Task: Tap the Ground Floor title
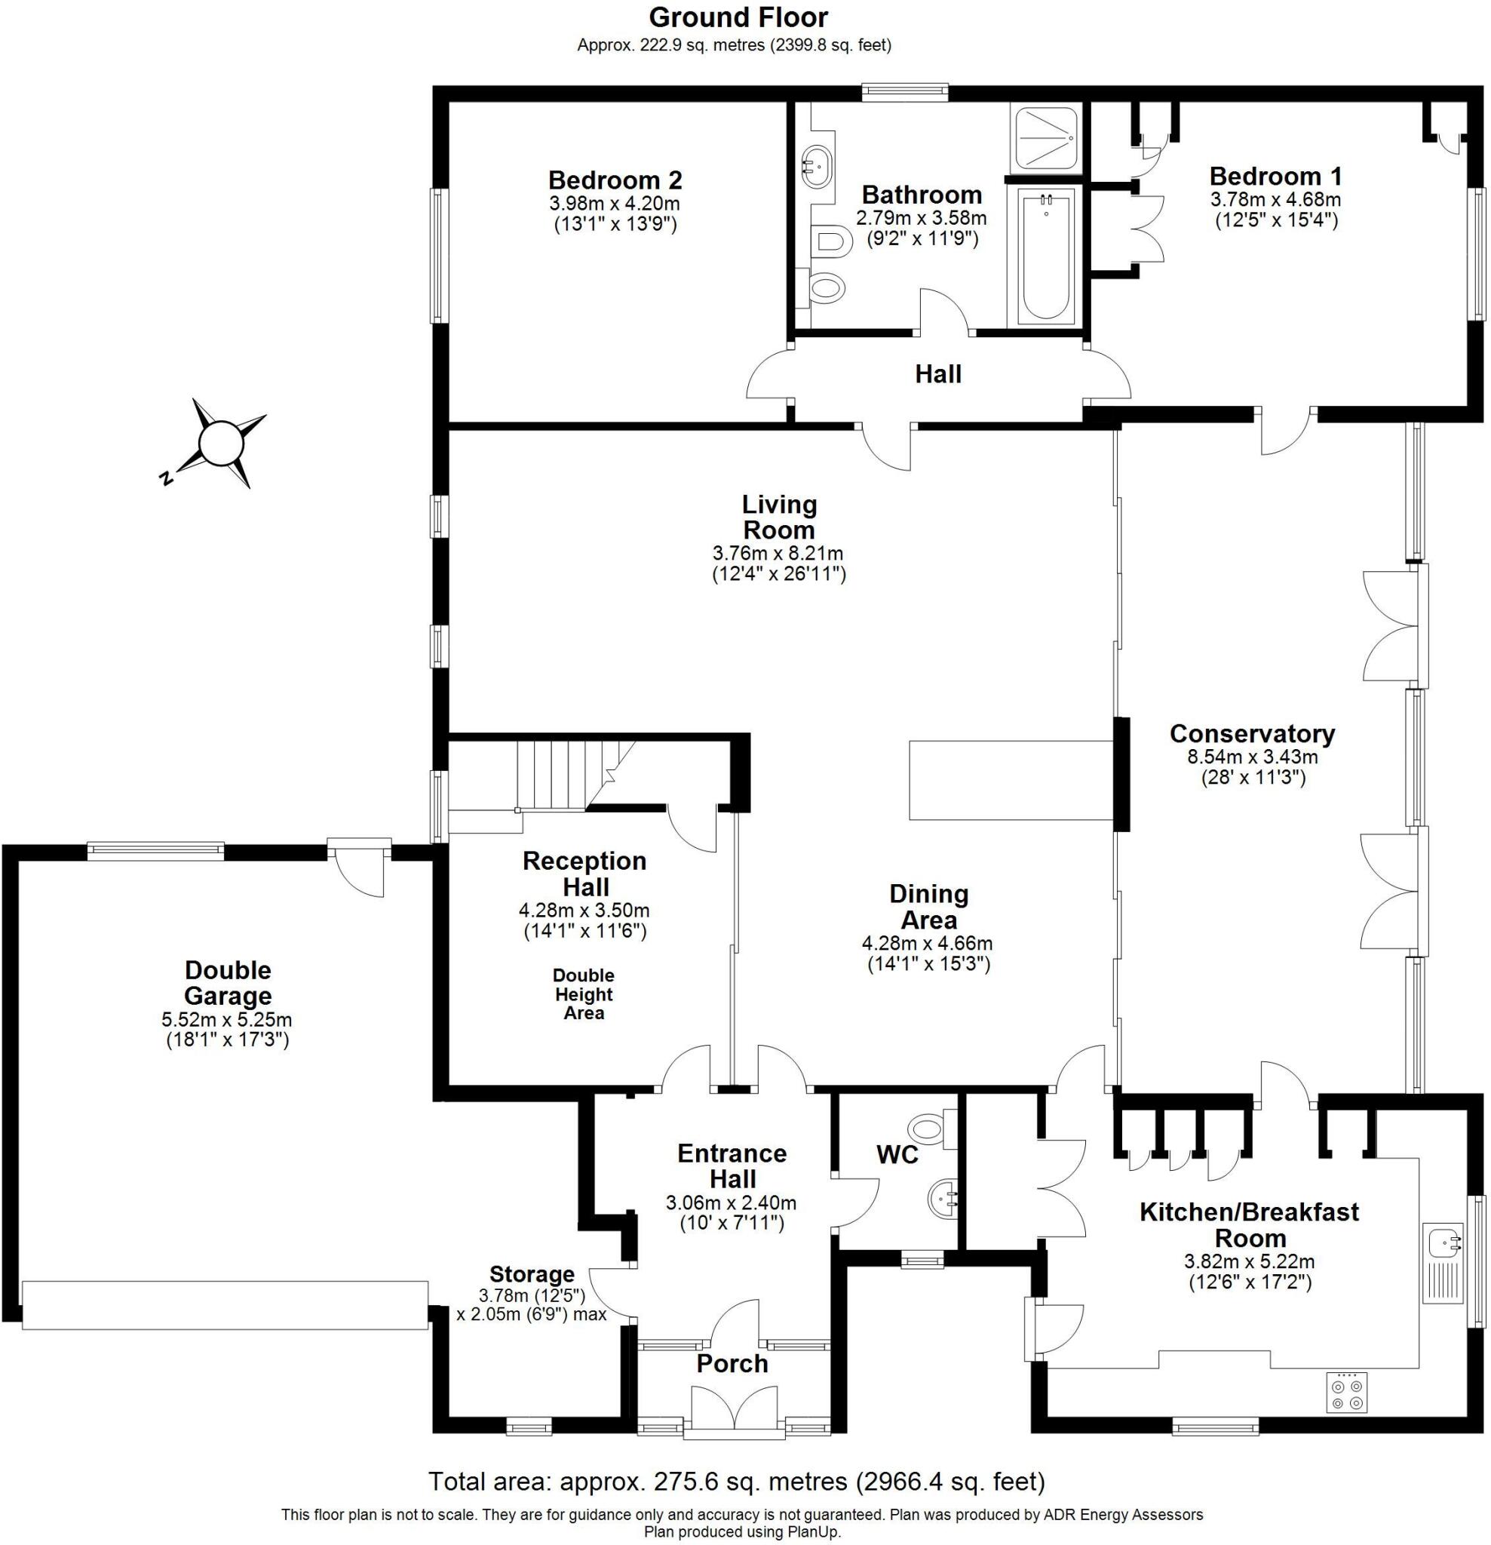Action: pos(738,17)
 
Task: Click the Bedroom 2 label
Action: pos(615,180)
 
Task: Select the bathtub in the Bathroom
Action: pos(1045,256)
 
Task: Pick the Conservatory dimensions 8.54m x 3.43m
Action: pos(1253,757)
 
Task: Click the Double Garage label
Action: pos(228,982)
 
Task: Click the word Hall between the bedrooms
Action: pos(937,373)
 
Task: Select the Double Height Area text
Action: pos(584,994)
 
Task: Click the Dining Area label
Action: pos(928,907)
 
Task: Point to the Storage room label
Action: pos(532,1275)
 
